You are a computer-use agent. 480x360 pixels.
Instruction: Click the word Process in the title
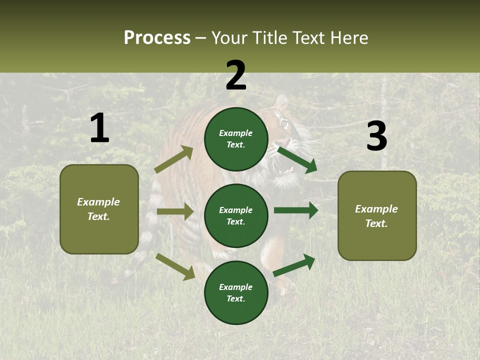[157, 37]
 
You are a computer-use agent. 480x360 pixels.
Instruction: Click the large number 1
[99, 128]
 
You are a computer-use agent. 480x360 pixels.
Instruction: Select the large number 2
[236, 75]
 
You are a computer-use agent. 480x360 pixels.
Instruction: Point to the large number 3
[376, 136]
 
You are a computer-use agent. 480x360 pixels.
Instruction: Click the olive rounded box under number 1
[99, 209]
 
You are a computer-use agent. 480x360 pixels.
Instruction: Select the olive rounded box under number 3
[377, 215]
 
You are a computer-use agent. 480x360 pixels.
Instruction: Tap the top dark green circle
[236, 139]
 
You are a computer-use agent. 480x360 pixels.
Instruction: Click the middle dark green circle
[236, 215]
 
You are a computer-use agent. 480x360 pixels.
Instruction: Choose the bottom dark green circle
[236, 292]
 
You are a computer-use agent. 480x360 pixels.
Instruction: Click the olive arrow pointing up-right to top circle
[173, 159]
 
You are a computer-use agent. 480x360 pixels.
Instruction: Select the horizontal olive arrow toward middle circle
[175, 211]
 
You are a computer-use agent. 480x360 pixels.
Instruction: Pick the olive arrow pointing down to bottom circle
[175, 266]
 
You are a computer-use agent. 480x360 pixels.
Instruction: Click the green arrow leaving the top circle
[297, 159]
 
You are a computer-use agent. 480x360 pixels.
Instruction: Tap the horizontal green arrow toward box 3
[296, 210]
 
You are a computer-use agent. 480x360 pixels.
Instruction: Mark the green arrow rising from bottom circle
[294, 265]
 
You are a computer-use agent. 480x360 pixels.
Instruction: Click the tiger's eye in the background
[284, 122]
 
